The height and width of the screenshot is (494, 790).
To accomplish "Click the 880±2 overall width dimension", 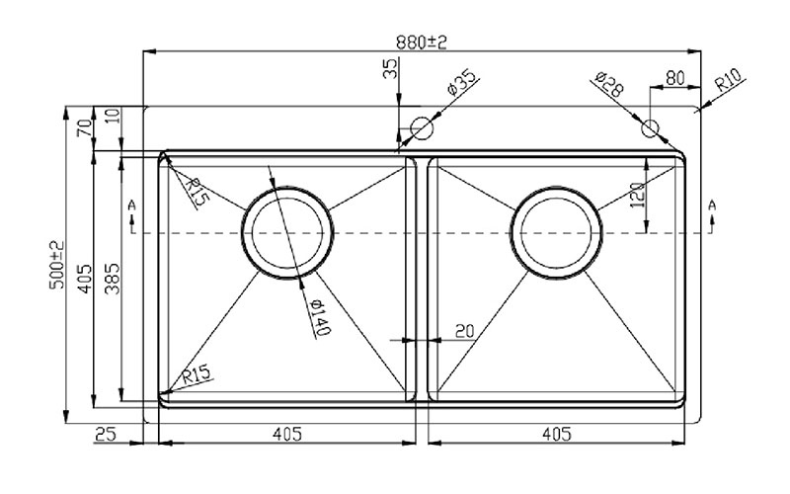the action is coord(422,41).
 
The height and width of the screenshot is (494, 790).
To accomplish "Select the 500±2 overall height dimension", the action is coord(58,265).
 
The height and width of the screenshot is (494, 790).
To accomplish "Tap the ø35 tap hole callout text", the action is coord(461,82).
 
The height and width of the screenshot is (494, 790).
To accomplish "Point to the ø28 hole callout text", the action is coord(609,84).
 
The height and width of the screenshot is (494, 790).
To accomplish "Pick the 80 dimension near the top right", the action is coord(675,78).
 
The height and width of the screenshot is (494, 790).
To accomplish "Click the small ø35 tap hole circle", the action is coord(422,128).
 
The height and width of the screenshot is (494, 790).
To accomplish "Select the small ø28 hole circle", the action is coord(650,128).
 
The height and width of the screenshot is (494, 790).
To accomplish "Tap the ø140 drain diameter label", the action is coord(320,316).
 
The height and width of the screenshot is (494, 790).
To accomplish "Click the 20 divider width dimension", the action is coord(464,331).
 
